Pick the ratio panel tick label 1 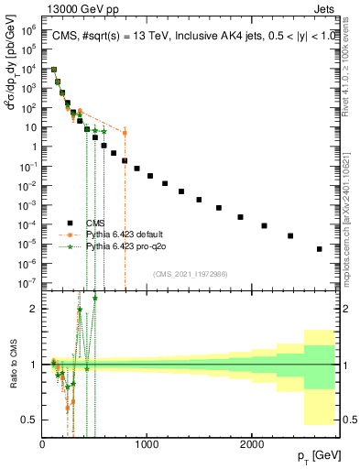click(x=34, y=365)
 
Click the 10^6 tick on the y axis click(x=28, y=29)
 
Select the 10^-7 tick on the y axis click(x=28, y=282)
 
